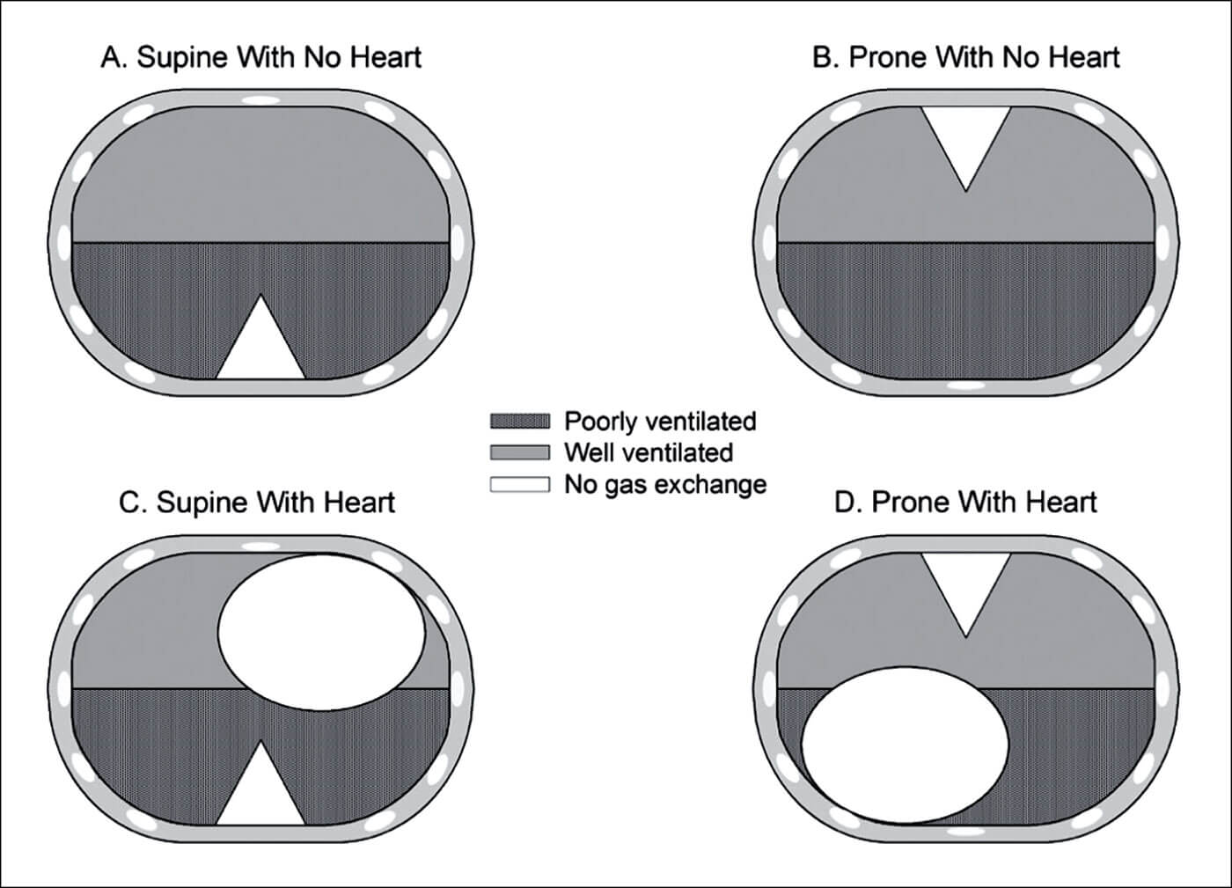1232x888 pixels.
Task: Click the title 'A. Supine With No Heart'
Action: click(261, 58)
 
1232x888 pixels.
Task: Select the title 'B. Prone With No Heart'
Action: click(965, 58)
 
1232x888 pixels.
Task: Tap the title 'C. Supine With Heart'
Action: click(257, 503)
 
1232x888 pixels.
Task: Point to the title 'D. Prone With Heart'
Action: click(965, 503)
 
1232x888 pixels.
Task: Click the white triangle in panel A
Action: click(260, 348)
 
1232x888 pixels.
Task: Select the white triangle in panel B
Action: click(965, 136)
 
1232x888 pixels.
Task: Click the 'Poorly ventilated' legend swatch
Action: click(519, 422)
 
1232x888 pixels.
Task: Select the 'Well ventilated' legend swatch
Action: click(519, 453)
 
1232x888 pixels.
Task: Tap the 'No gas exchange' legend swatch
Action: click(519, 484)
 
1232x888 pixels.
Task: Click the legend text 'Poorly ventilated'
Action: click(660, 422)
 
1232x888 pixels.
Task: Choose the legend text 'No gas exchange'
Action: click(665, 484)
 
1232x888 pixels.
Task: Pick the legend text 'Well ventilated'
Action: click(649, 453)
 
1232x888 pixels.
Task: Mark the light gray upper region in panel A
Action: click(260, 176)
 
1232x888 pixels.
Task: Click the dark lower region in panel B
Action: click(965, 308)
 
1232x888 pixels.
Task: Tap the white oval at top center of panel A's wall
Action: click(260, 99)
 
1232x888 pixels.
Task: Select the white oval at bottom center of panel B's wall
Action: click(965, 385)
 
